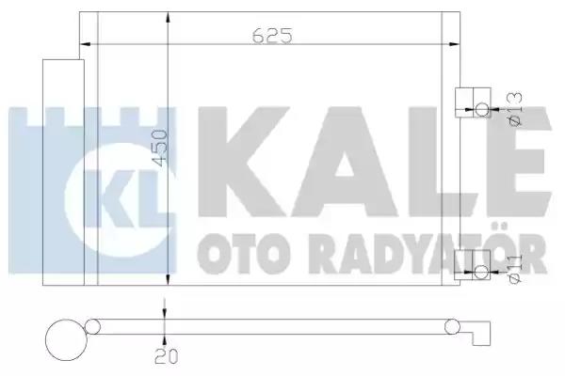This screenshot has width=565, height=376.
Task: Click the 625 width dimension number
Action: coord(272,36)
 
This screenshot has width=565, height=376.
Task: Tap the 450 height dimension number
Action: coord(160,148)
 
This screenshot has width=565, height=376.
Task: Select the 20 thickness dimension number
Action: coord(167,356)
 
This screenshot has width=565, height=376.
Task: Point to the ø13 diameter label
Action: coord(514,109)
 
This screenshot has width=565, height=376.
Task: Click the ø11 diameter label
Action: coord(514,269)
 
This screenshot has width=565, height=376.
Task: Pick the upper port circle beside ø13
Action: coord(482,109)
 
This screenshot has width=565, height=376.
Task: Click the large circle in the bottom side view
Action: coord(66,340)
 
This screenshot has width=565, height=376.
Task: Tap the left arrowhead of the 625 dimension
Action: coord(85,44)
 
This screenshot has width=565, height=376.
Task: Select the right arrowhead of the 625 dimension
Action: coord(455,44)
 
